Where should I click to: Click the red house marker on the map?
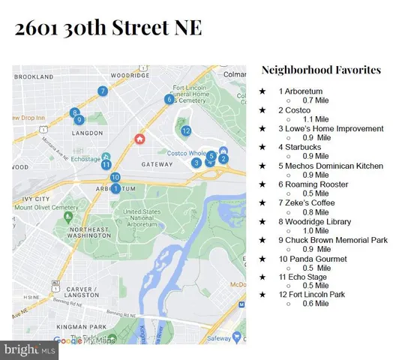coord(139,139)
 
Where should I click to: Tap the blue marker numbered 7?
coord(102,91)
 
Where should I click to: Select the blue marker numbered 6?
coord(169,99)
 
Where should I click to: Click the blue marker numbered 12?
coord(186,130)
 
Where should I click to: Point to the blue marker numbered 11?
coord(106,165)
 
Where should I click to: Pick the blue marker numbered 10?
coord(115,178)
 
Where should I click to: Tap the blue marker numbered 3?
coord(196,162)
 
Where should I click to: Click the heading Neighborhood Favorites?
coord(321,70)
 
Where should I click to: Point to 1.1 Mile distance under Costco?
coord(315,119)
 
